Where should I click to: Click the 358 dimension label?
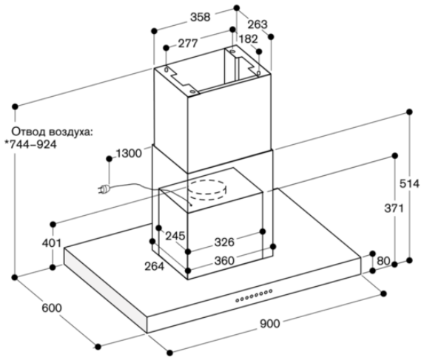pos(200,17)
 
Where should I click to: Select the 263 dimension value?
pos(258,24)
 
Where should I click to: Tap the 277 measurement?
pos(188,43)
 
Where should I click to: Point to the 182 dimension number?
pos(248,39)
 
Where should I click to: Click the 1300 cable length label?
pos(129,154)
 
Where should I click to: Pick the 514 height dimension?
pos(409,184)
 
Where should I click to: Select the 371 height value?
pos(394,208)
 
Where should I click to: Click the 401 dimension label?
pos(52,243)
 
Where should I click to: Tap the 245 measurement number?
pos(175,236)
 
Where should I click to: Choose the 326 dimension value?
pos(224,242)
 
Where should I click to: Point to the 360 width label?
pos(224,261)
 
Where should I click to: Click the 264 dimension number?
pos(155,267)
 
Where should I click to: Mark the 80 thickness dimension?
pos(383,261)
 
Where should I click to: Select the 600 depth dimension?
pos(52,308)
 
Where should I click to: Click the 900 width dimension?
pos(270,324)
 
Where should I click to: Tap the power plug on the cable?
pos(104,189)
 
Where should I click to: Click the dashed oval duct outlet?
pos(207,190)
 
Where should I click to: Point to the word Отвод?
pos(29,132)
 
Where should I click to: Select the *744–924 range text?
pos(31,144)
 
